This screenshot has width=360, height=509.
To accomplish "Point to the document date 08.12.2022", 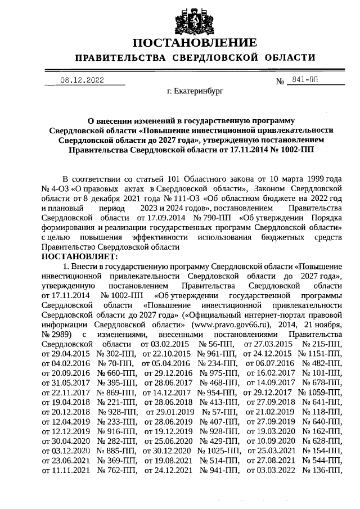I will coord(82,80).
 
